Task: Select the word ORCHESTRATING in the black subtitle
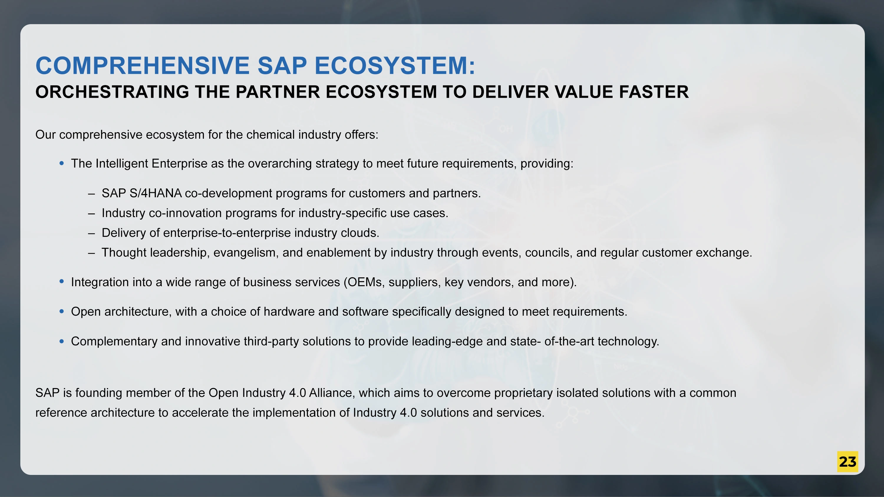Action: point(112,92)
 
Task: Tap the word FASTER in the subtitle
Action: point(654,92)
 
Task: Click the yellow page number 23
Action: point(847,462)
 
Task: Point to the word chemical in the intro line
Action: point(271,135)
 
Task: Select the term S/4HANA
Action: point(156,193)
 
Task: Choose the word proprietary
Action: point(523,393)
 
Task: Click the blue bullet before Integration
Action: point(62,281)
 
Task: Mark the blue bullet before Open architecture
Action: point(62,312)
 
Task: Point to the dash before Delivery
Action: point(91,233)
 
